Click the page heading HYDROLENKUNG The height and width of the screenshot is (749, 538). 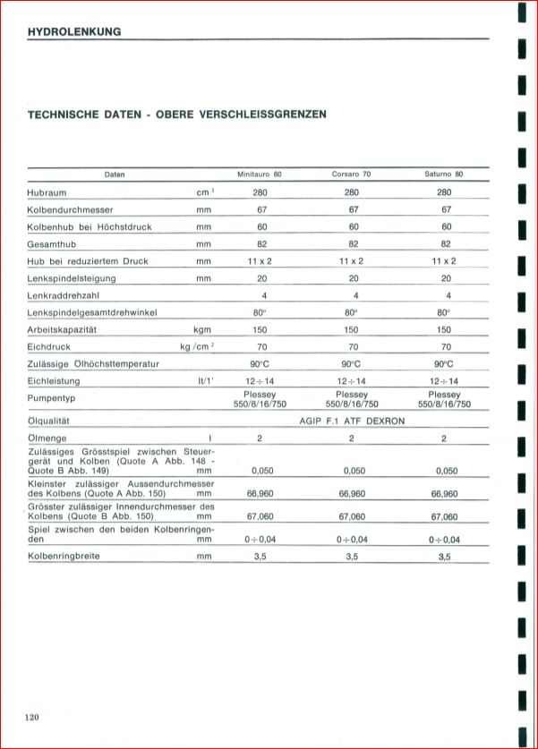74,32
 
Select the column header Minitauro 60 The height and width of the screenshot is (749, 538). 259,174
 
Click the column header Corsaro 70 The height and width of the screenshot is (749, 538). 351,174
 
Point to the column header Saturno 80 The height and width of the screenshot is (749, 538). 444,174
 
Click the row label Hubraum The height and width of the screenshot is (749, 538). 47,192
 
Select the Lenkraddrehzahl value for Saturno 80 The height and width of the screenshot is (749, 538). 448,295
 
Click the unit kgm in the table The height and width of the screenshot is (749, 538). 201,329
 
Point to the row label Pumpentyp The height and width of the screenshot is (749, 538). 53,398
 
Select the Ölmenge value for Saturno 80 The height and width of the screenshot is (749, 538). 444,438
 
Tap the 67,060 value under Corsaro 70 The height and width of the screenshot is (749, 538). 352,516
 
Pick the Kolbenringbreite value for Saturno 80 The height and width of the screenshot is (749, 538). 444,557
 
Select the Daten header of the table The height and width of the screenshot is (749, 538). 115,174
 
